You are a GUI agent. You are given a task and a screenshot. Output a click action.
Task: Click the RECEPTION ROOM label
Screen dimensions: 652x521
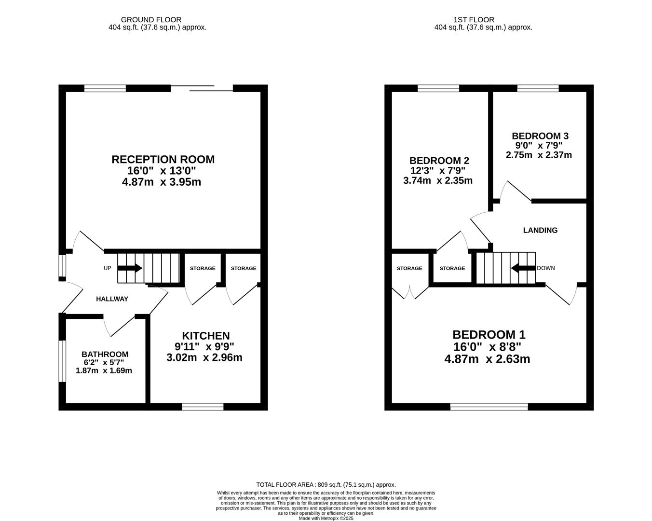(x=163, y=159)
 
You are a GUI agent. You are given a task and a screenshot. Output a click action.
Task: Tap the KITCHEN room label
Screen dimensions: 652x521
(x=206, y=336)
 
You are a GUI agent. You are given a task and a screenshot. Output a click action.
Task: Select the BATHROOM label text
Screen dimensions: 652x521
(x=105, y=354)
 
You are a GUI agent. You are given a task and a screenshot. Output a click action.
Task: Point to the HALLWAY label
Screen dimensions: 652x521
(x=112, y=299)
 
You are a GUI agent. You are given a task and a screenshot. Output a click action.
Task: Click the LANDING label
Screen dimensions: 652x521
(x=540, y=230)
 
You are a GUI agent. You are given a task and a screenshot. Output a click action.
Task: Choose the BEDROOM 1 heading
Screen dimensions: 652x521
(x=489, y=335)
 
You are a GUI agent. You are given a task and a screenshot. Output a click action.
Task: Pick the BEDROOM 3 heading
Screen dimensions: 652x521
(x=540, y=136)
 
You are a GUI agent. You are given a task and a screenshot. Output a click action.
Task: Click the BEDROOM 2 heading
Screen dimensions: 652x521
(x=439, y=161)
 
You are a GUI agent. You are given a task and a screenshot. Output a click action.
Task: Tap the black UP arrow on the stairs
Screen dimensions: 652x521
(x=130, y=268)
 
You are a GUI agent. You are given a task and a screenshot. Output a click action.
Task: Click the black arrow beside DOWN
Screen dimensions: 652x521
(x=523, y=268)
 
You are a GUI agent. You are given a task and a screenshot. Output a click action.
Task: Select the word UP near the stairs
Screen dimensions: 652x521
(x=107, y=268)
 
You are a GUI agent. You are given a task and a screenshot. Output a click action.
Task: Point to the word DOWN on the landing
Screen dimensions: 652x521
(x=546, y=268)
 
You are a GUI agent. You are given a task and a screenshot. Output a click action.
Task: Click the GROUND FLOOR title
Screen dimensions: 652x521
(x=151, y=20)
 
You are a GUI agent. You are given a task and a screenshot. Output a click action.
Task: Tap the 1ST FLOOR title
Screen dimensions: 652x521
(x=474, y=20)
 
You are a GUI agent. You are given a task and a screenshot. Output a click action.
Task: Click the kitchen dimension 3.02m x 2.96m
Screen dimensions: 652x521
(x=204, y=357)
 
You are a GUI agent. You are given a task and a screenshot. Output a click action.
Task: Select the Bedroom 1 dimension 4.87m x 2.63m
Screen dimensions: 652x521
(x=487, y=359)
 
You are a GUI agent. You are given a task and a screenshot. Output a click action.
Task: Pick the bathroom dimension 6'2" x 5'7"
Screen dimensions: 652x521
(x=104, y=362)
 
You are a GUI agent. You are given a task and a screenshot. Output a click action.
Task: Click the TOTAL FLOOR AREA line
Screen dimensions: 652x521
(x=326, y=485)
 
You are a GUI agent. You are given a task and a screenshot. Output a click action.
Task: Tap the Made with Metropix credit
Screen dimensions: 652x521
(x=326, y=519)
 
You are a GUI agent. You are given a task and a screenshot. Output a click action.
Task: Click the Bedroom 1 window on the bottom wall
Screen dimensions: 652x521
(x=489, y=407)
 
